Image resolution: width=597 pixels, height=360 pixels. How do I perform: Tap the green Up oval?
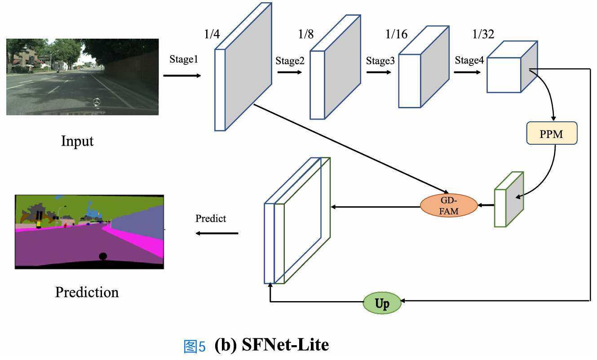coord(382,304)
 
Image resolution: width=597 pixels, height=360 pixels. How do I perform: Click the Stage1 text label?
coord(183,60)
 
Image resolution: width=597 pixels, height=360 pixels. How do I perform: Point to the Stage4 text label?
coord(469,61)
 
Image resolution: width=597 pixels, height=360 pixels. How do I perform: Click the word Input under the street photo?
coord(77,142)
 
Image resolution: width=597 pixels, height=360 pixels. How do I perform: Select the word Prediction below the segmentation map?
coord(87,293)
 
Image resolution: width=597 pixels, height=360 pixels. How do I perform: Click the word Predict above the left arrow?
coord(211,219)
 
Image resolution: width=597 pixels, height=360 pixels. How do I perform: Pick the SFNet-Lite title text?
coord(272,345)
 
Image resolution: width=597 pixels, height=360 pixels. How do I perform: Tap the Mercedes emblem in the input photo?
coord(96,103)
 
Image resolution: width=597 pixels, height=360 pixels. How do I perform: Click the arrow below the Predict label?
coord(217,233)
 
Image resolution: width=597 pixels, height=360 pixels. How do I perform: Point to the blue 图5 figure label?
coord(195,347)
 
